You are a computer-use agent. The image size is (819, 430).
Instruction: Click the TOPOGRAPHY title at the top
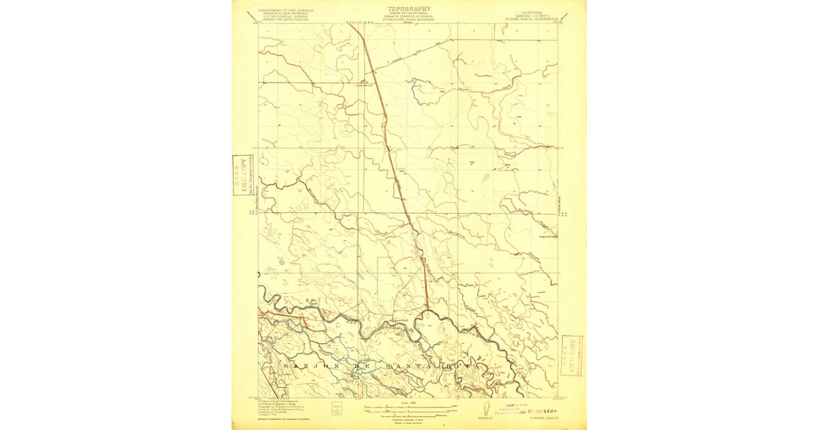(409, 9)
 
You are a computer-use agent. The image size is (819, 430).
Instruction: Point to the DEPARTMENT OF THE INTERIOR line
(282, 10)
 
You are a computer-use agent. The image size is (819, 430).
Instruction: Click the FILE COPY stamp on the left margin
(241, 175)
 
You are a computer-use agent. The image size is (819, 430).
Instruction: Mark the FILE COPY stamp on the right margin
(571, 355)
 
